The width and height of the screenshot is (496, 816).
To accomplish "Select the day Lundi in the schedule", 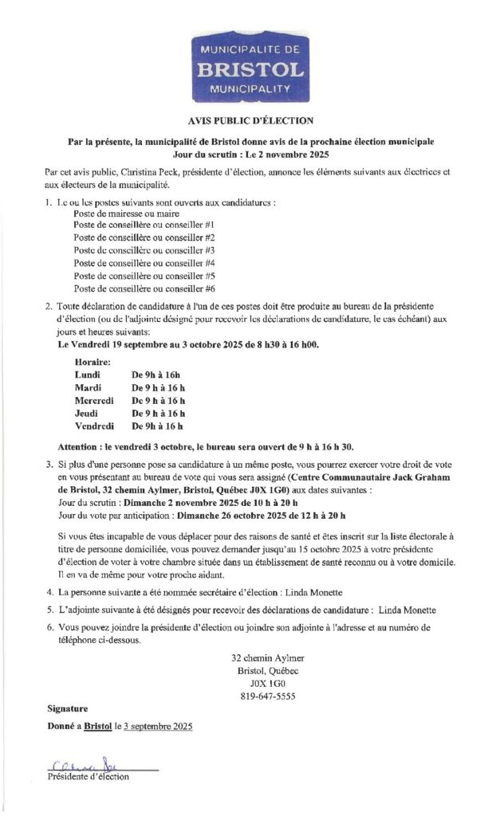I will tap(87, 375).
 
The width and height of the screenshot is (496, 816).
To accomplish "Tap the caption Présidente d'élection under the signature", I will tap(87, 776).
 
